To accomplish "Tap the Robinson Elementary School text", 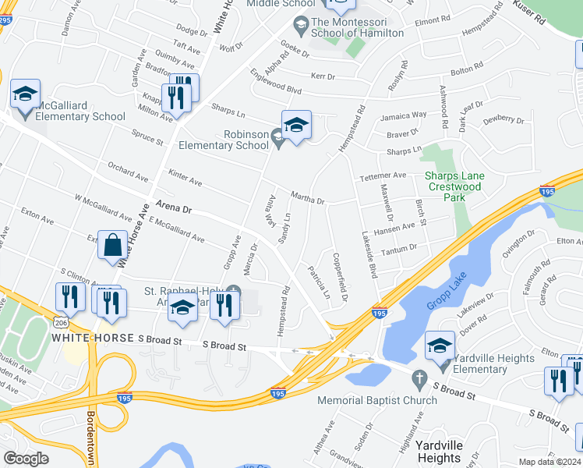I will (224, 140).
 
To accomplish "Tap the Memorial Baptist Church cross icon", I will (419, 379).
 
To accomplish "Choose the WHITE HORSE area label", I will (93, 339).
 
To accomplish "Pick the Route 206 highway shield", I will (60, 321).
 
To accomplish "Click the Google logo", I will (26, 458).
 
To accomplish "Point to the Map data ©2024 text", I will (549, 462).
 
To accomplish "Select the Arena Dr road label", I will (173, 207).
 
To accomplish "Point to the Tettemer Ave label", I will (383, 176).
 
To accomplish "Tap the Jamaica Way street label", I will (403, 115).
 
